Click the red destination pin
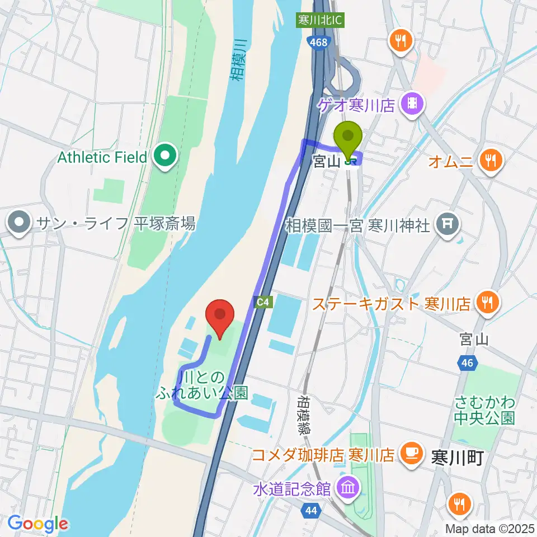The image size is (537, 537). [x=220, y=318]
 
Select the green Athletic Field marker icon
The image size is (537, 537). [x=165, y=157]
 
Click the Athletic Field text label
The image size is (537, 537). [x=102, y=157]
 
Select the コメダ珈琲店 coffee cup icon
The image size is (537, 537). [x=412, y=453]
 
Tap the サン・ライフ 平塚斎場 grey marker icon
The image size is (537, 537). [x=19, y=224]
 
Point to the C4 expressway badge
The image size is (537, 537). [x=264, y=303]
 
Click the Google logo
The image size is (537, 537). [x=37, y=524]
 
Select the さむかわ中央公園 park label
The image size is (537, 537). [x=484, y=410]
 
